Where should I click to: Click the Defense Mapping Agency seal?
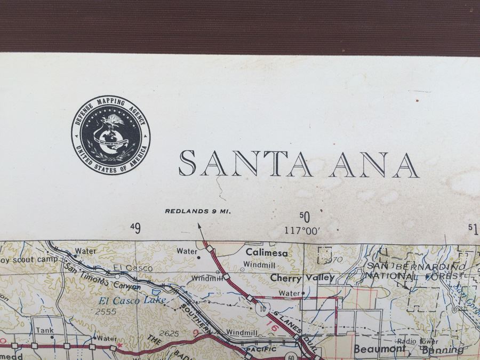[110, 135]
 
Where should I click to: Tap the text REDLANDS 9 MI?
[197, 211]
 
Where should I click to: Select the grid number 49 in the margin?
[135, 229]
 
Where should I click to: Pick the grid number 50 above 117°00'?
[304, 217]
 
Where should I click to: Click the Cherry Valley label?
[302, 277]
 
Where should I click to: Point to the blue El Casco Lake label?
[132, 301]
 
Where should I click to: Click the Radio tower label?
[417, 341]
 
